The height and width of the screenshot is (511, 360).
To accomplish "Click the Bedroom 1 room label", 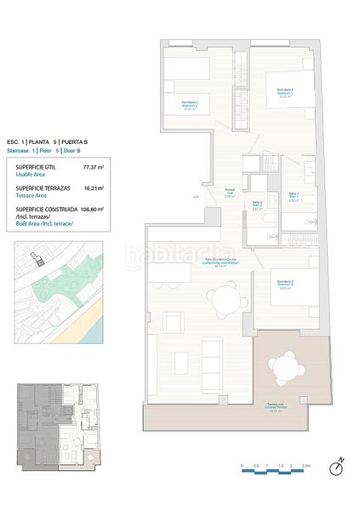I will pyautogui.click(x=284, y=93).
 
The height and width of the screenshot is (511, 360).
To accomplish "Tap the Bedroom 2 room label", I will pyautogui.click(x=189, y=105).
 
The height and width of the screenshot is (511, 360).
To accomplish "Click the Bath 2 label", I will pyautogui.click(x=256, y=204).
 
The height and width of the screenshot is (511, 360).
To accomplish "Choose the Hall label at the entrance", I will pyautogui.click(x=229, y=192).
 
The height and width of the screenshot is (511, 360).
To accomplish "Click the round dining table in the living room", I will pyautogui.click(x=225, y=299).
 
